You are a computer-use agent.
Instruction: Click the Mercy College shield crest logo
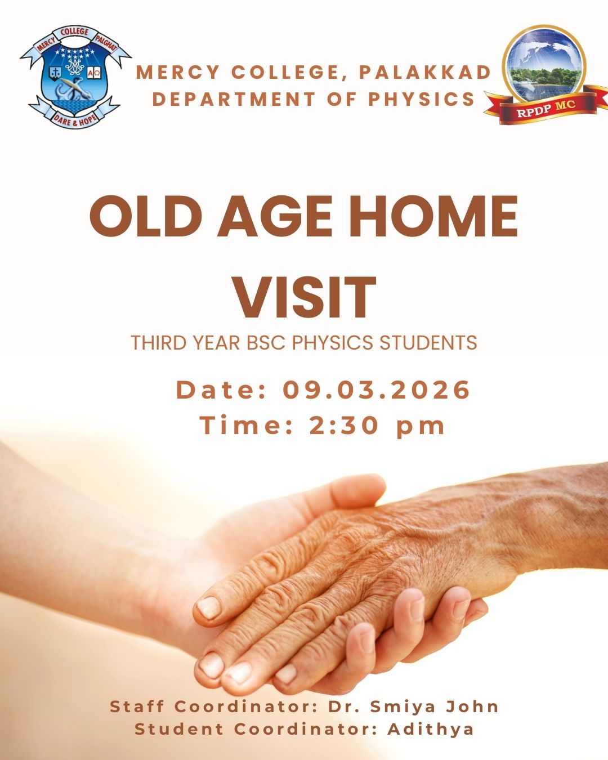75,77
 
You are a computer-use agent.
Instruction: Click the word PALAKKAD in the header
425,73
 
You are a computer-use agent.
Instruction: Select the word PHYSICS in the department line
422,99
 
